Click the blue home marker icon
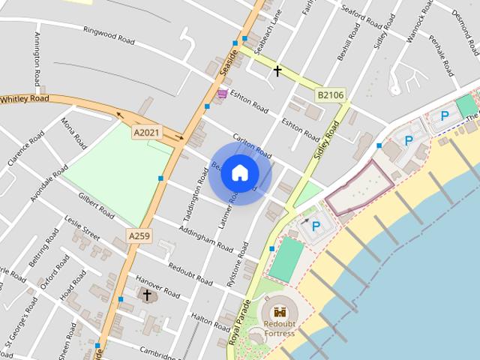(x=239, y=173)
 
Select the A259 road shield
(x=139, y=235)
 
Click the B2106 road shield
(x=330, y=95)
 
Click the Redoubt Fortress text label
(x=278, y=328)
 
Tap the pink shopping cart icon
(x=222, y=94)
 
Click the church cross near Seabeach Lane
(x=277, y=71)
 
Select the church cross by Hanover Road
(x=147, y=295)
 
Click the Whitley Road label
(x=25, y=99)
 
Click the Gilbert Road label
(x=96, y=206)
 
